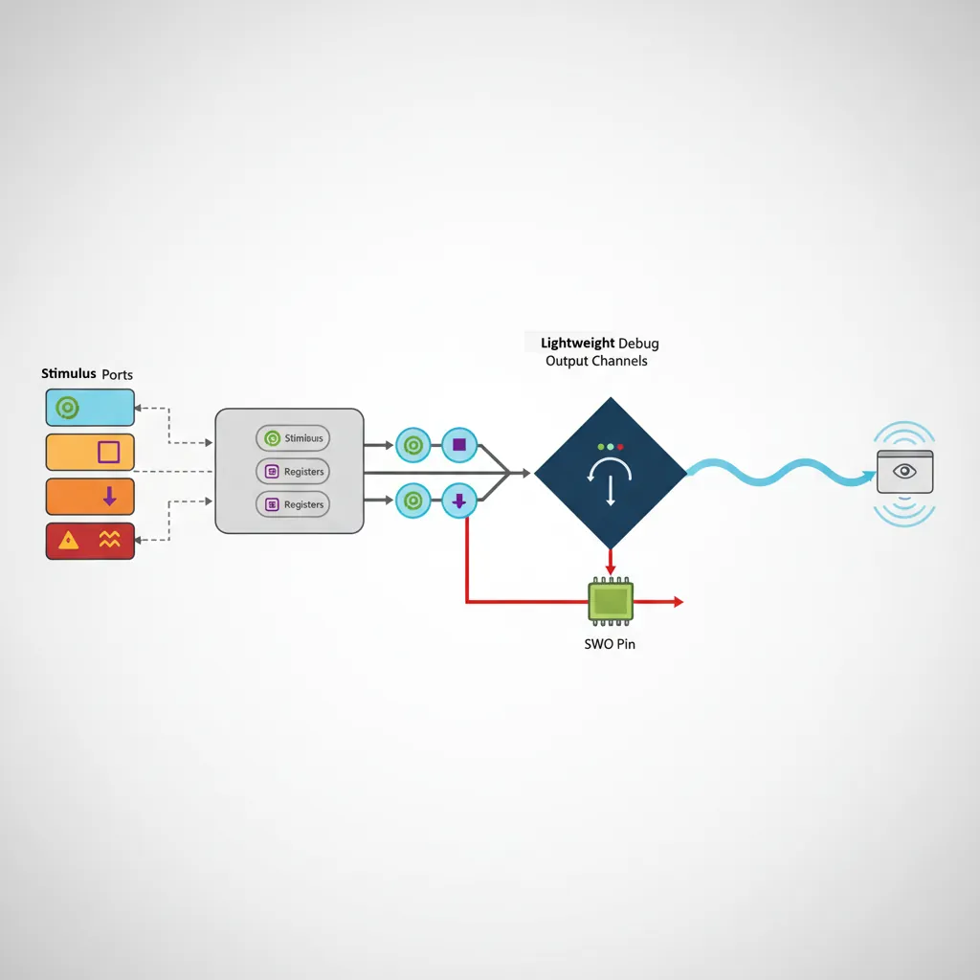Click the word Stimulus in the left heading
[x=69, y=373]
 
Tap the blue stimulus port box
[x=90, y=407]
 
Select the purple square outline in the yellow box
[x=109, y=452]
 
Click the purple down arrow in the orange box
[x=109, y=496]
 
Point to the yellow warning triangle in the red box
[x=69, y=541]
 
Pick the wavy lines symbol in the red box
[x=110, y=540]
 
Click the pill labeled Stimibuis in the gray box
[x=293, y=438]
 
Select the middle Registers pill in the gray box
[x=293, y=471]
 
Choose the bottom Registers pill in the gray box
[x=293, y=504]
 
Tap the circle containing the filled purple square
[x=459, y=444]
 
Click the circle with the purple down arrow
[x=459, y=499]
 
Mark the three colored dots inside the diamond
[x=610, y=446]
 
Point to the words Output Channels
[x=596, y=361]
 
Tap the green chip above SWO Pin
[x=611, y=601]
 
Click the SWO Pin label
[x=610, y=644]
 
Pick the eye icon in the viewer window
[x=904, y=471]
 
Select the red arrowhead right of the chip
[x=678, y=602]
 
